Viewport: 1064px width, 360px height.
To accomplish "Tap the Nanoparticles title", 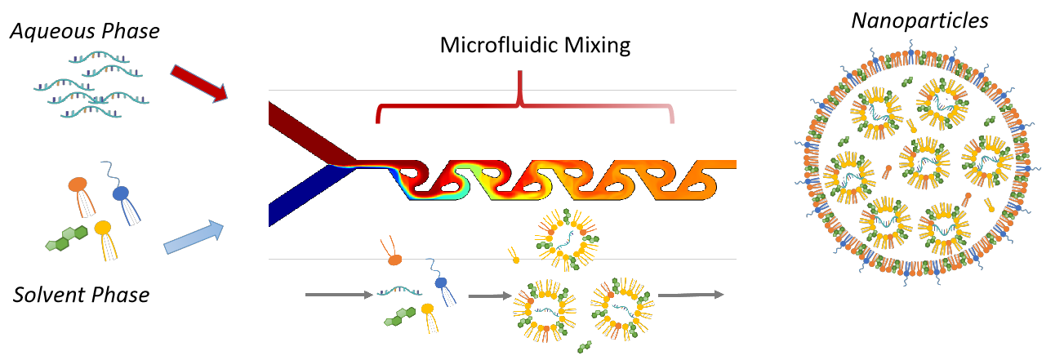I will (919, 21).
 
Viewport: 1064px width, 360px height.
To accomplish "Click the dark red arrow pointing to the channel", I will (198, 84).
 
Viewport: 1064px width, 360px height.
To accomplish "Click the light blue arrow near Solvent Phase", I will (194, 238).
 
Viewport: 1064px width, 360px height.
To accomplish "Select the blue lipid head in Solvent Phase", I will (121, 193).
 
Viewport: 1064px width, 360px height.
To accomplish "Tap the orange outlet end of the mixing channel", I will (723, 164).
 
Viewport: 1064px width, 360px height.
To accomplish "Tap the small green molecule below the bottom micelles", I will (583, 347).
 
